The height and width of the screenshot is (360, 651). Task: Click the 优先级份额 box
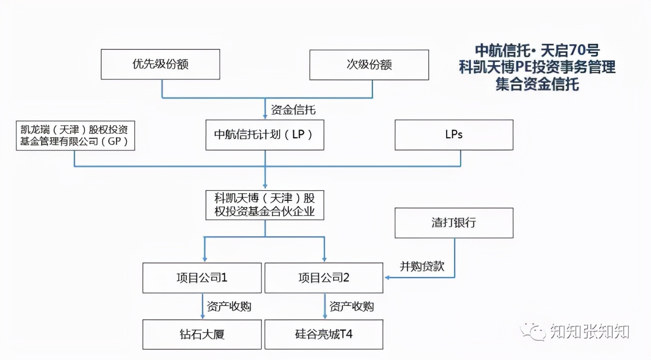[x=160, y=65]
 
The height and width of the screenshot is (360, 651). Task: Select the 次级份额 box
[x=369, y=65]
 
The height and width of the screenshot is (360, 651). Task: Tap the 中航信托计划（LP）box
[x=264, y=135]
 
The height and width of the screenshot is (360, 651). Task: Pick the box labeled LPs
[x=454, y=135]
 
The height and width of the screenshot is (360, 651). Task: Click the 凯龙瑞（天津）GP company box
[x=75, y=135]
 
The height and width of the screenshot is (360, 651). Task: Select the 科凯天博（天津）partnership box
[x=264, y=205]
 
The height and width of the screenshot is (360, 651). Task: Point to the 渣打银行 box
[x=454, y=223]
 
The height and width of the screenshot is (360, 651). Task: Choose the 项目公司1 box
[x=202, y=278]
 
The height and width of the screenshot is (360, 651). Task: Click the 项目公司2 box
[x=324, y=278]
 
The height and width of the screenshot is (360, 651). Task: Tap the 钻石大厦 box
[x=202, y=334]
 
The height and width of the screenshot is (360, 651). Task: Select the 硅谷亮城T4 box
[x=324, y=334]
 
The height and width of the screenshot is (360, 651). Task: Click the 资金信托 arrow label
[x=293, y=109]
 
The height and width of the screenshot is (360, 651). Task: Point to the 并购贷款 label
[x=422, y=266]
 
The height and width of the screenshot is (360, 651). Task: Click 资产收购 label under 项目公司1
[x=229, y=306]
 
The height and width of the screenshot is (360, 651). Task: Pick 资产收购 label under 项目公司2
[x=351, y=306]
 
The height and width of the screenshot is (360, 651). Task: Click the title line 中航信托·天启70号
[x=537, y=50]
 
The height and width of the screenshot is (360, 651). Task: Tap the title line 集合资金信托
[x=537, y=84]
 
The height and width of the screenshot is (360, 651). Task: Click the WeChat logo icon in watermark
[x=534, y=332]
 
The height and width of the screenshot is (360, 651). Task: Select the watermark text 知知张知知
[x=589, y=332]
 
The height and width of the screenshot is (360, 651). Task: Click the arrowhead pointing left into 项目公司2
[x=388, y=278]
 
